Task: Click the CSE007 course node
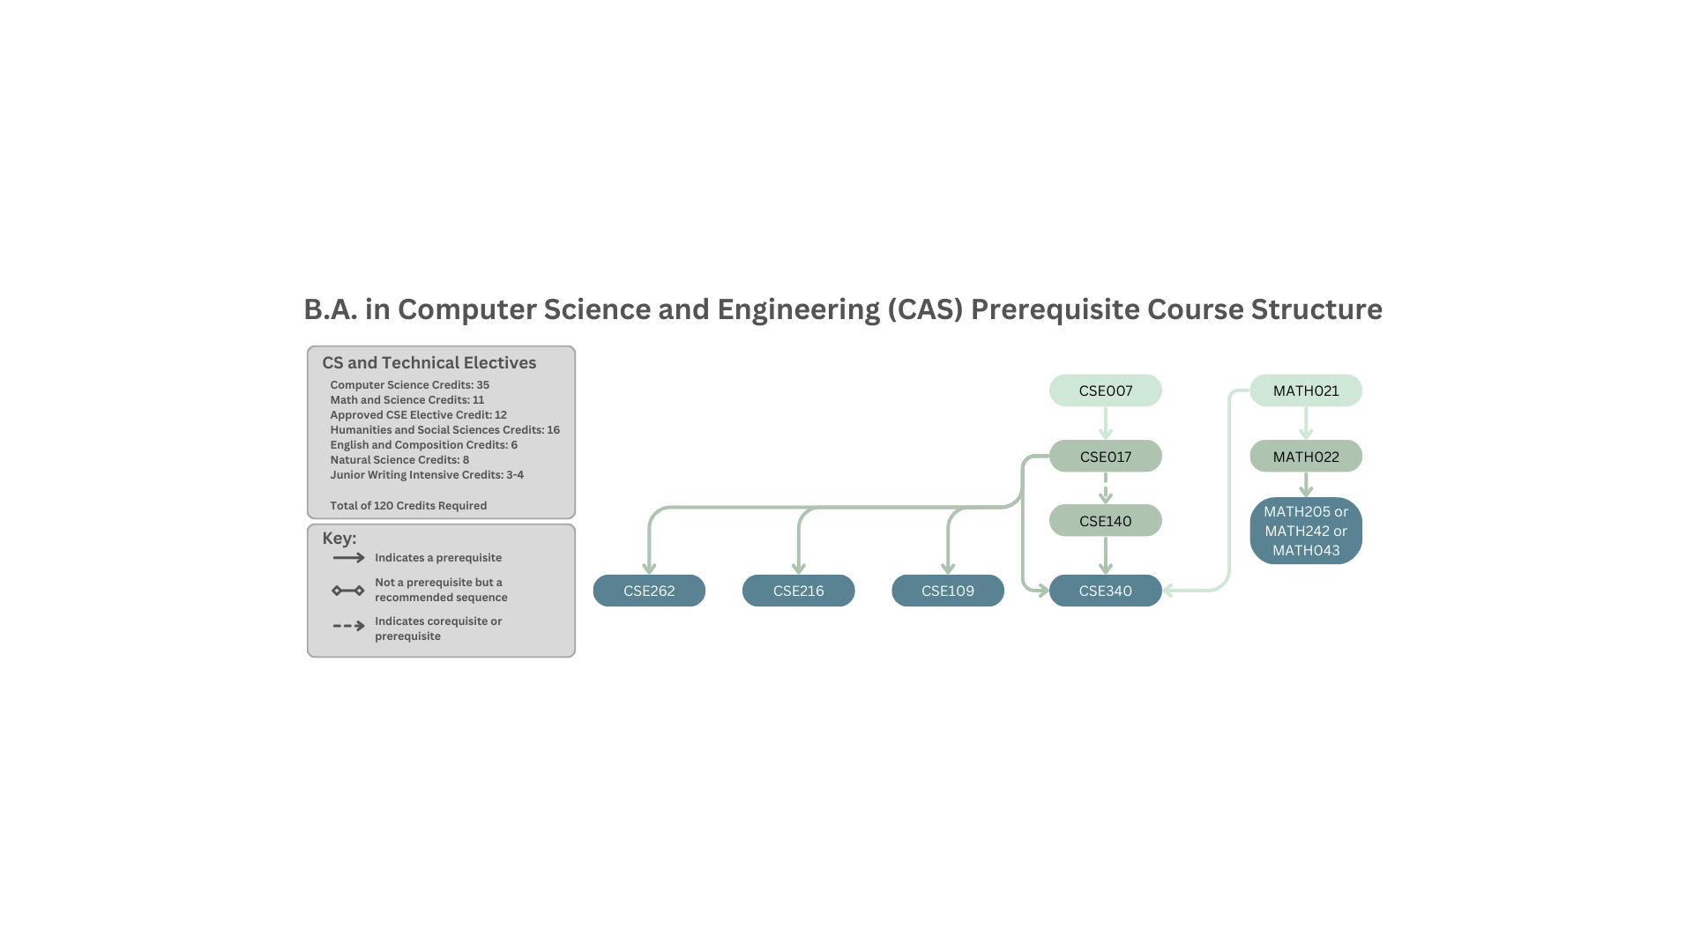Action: [x=1105, y=390]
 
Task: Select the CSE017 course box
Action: [x=1105, y=457]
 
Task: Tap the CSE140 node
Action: [x=1105, y=521]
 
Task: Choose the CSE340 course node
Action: [x=1105, y=591]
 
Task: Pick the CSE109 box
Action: [x=947, y=591]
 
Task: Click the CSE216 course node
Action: [x=798, y=591]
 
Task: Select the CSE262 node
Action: [x=649, y=591]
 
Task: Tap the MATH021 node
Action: [x=1306, y=390]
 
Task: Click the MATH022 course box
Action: [x=1306, y=457]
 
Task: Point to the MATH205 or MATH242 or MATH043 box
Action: [x=1306, y=531]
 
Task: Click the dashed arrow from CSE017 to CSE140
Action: [x=1105, y=487]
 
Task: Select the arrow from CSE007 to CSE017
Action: [x=1105, y=422]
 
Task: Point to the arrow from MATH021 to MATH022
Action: [x=1306, y=422]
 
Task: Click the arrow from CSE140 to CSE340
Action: [x=1105, y=554]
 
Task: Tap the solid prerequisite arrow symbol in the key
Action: [x=348, y=558]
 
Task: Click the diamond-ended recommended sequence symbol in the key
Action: [x=348, y=591]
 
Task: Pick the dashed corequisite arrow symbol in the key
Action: [x=348, y=626]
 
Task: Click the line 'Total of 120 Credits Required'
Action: [x=408, y=506]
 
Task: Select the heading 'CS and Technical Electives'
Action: [x=429, y=363]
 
